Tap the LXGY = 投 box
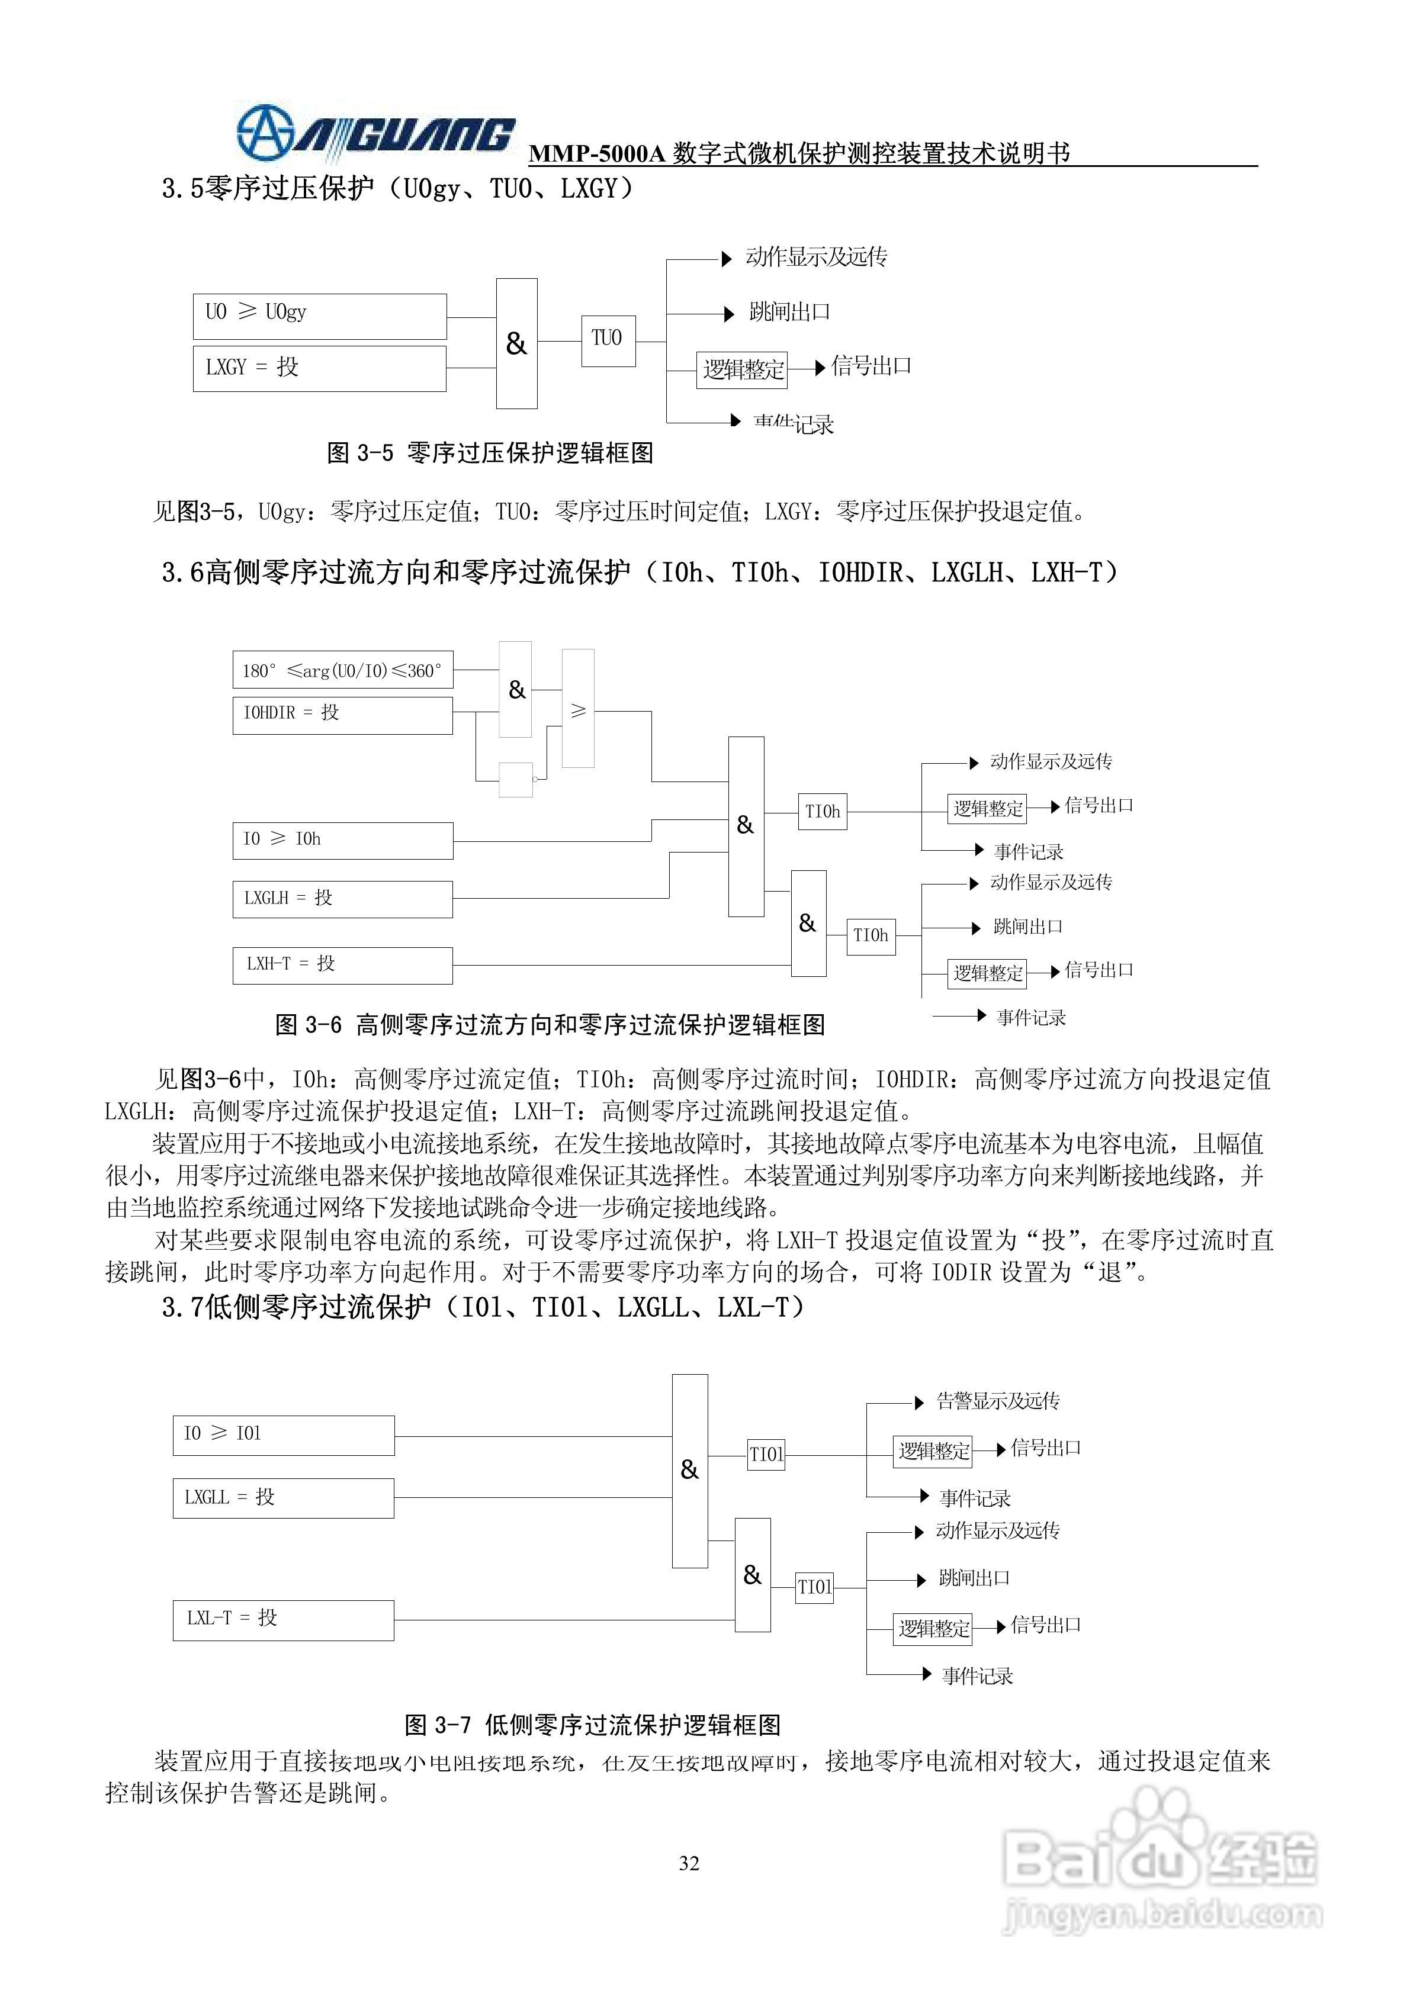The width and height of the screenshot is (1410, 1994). pyautogui.click(x=319, y=368)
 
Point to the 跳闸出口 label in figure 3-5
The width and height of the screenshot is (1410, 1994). pyautogui.click(x=789, y=312)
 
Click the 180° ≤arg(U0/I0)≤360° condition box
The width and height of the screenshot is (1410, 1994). pyautogui.click(x=342, y=670)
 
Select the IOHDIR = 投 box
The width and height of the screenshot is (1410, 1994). pyautogui.click(x=342, y=715)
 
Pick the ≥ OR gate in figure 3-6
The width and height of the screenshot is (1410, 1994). pyautogui.click(x=578, y=709)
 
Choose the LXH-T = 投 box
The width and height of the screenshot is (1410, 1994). pyautogui.click(x=342, y=965)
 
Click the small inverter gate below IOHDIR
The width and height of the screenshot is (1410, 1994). pyautogui.click(x=516, y=779)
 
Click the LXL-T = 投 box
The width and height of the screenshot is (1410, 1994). pyautogui.click(x=283, y=1620)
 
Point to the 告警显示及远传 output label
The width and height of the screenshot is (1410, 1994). pyautogui.click(x=997, y=1401)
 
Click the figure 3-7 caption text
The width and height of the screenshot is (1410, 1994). pyautogui.click(x=593, y=1725)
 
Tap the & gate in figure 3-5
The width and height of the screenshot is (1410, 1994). pyautogui.click(x=516, y=344)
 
